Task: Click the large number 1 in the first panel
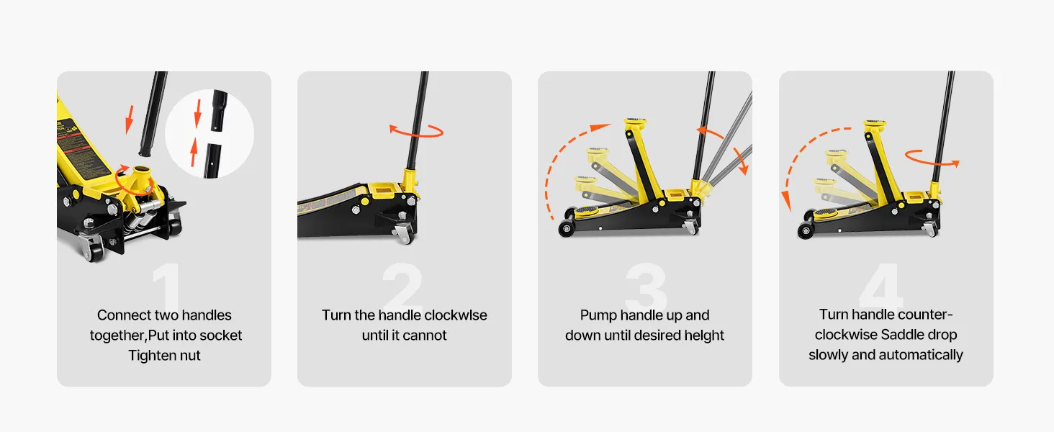pos(166,288)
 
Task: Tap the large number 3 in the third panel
pos(646,288)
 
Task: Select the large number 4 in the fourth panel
pos(880,288)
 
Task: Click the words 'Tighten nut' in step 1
pos(164,355)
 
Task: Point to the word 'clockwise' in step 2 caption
pos(455,315)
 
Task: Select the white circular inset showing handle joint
pos(210,134)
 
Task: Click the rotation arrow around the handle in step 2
pos(417,130)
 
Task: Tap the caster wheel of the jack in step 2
pos(404,233)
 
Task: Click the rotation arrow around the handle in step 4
pos(932,158)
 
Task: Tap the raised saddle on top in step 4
pos(875,124)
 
